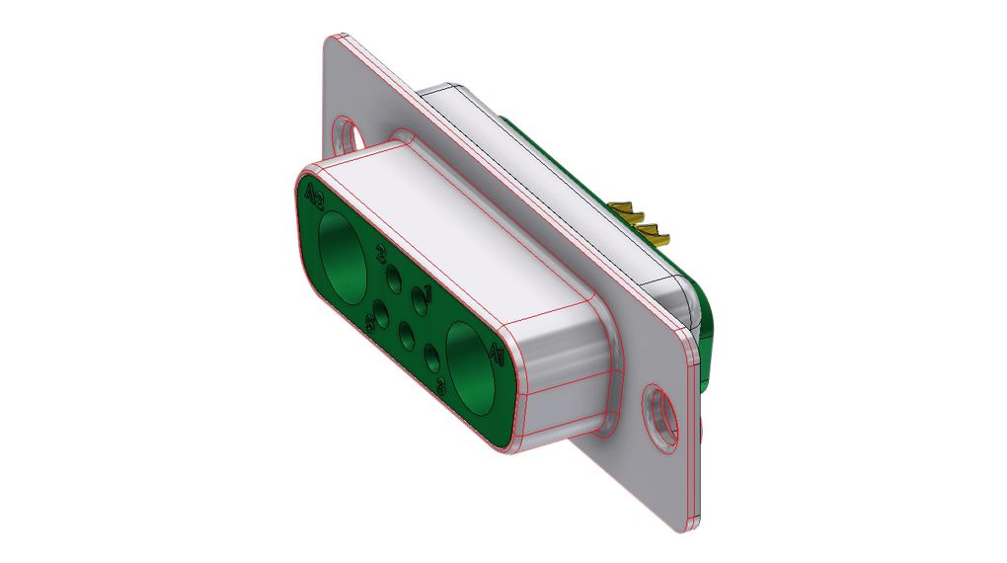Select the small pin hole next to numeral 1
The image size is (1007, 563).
pyautogui.click(x=419, y=303)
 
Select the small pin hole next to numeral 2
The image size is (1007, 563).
pyautogui.click(x=393, y=280)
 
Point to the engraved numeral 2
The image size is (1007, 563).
pyautogui.click(x=382, y=258)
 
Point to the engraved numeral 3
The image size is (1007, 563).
pyautogui.click(x=440, y=389)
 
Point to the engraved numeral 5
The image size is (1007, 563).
pyautogui.click(x=373, y=322)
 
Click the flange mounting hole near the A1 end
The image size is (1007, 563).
pyautogui.click(x=658, y=413)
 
